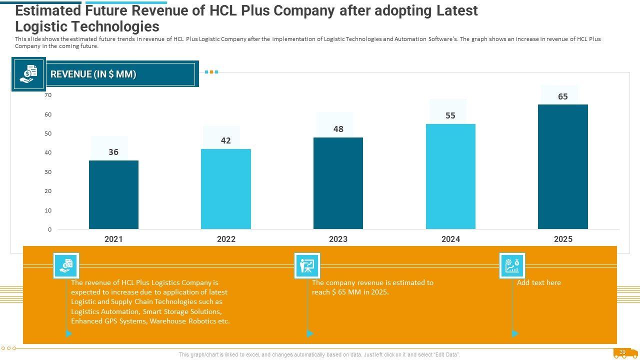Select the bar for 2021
tap(113, 194)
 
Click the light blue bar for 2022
tap(226, 189)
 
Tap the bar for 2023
tap(338, 183)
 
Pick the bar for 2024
tap(450, 176)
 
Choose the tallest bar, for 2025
tap(563, 166)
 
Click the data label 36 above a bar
tap(113, 152)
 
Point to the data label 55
tap(450, 115)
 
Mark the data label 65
tap(563, 96)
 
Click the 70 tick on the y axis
tap(48, 95)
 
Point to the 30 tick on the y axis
tap(48, 172)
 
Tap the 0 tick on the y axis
tap(49, 229)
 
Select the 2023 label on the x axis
tap(338, 239)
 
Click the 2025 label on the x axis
tap(563, 239)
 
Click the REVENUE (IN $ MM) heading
tap(93, 74)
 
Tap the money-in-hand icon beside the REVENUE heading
tap(28, 74)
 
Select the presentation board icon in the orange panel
tap(307, 265)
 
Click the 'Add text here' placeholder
tap(539, 282)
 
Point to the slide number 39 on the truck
tap(622, 352)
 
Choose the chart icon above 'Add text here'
tap(512, 265)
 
